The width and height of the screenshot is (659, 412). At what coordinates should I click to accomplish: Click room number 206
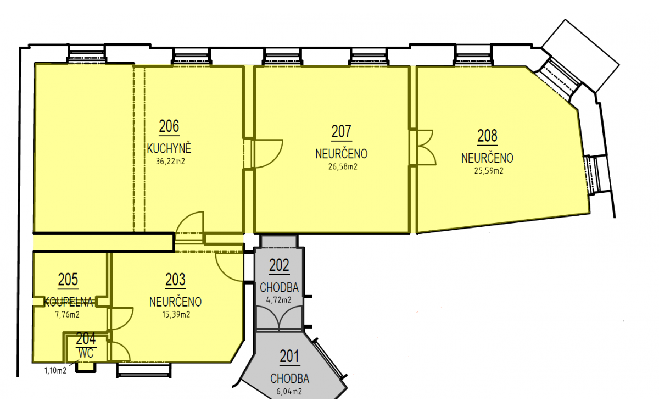pos(169,126)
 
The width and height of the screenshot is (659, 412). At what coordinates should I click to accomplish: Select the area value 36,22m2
pos(170,162)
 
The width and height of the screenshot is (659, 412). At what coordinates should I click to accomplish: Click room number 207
pos(342,131)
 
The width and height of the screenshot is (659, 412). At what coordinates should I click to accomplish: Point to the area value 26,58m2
pos(343,166)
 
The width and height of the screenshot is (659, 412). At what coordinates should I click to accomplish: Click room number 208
pos(488,136)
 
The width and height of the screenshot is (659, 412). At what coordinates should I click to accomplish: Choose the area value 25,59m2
pos(489,171)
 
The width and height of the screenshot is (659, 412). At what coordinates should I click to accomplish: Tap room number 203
pos(176,280)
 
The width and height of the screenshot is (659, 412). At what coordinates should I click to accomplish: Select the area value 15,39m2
pos(176,315)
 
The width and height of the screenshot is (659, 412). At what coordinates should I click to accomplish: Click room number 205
pos(68,279)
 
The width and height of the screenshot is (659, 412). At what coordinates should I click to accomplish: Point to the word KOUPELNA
pos(68,302)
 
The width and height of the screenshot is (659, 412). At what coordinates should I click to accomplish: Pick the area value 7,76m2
pos(68,315)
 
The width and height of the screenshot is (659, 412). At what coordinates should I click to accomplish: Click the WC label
pos(86,353)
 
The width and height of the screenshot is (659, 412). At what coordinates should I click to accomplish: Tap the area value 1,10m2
pos(55,370)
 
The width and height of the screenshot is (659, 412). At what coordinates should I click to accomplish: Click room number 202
pos(279,265)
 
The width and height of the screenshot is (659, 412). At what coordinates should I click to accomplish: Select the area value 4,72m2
pos(279,300)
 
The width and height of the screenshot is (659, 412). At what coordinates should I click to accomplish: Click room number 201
pos(290,357)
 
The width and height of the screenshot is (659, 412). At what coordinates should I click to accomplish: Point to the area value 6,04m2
pos(289,391)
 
